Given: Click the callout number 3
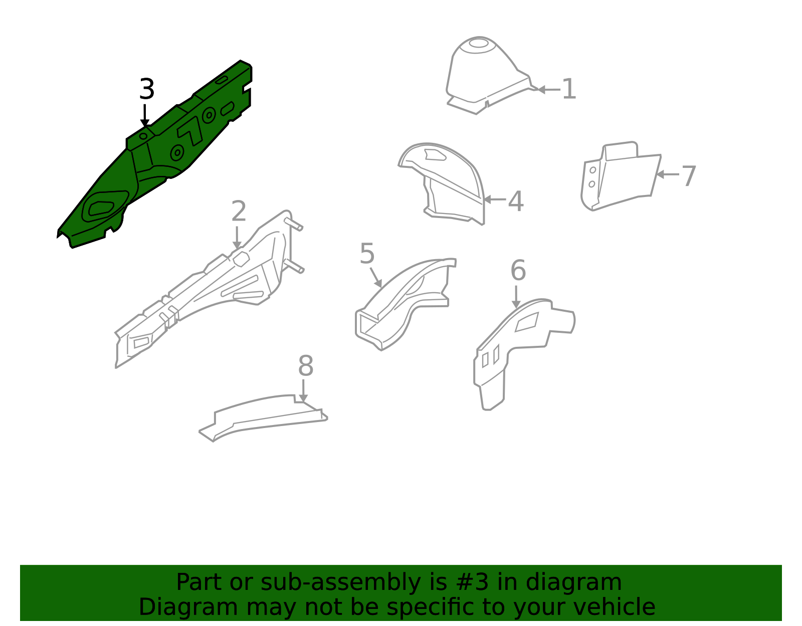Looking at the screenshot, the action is tap(147, 89).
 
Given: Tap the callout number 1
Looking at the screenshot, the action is tap(569, 89).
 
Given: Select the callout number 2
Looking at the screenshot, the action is tap(239, 211).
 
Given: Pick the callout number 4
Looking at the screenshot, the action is tap(516, 201).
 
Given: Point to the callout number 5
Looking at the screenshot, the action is tap(367, 254).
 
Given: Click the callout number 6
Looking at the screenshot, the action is tap(518, 270).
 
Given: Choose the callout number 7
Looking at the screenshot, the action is tap(689, 176).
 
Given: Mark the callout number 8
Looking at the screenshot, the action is tap(306, 366).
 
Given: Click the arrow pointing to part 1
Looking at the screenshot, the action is tap(549, 89).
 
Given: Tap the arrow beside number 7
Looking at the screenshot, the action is tap(667, 174).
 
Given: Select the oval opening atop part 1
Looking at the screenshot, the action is tap(479, 43).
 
